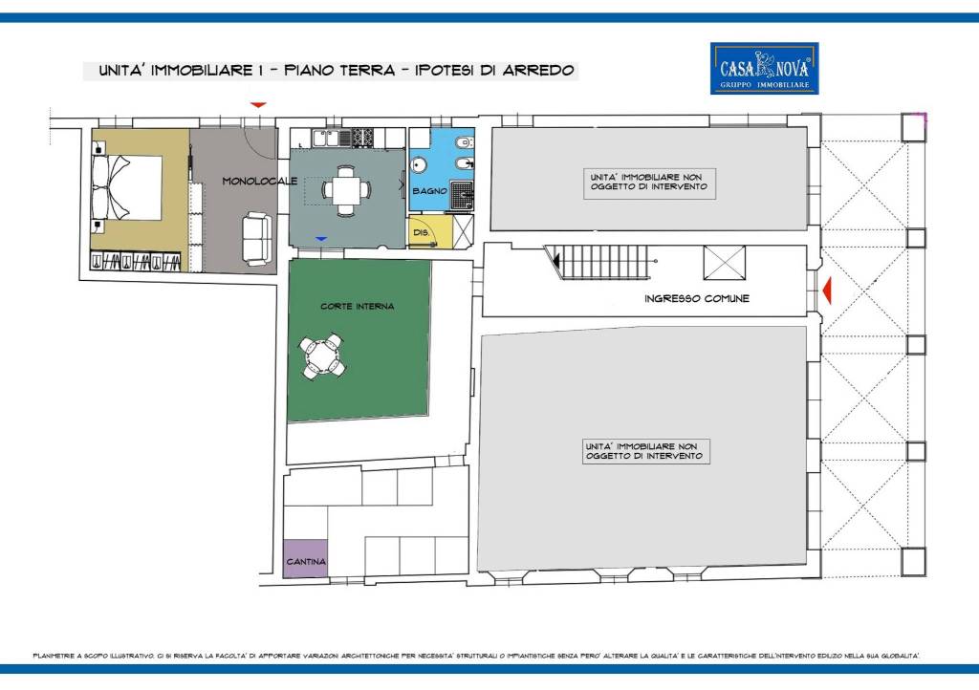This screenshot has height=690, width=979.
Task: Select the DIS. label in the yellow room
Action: pos(420,232)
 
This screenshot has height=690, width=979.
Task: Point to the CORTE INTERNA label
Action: pos(358,307)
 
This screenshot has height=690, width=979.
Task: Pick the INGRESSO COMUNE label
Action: pos(697,298)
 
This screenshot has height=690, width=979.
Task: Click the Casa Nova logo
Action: pos(763,68)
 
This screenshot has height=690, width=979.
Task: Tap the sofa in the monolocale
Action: pos(255,238)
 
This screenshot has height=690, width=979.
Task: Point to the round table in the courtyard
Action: pos(322,356)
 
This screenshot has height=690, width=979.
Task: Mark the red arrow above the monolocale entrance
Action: pos(258,104)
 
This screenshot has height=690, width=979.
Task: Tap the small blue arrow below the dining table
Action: pos(321,238)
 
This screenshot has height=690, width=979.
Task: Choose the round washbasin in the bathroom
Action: pos(419,164)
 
